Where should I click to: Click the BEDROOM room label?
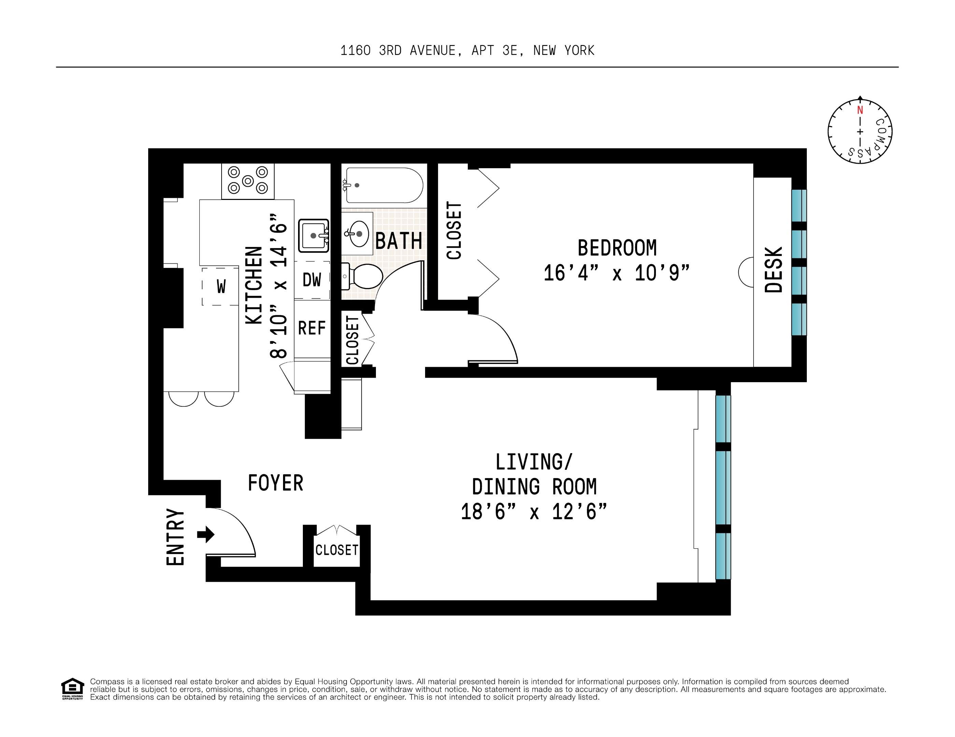[617, 248]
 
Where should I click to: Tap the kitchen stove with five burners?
[248, 181]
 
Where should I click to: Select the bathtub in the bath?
[383, 185]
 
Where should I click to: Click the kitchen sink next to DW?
[313, 236]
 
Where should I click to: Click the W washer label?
[221, 287]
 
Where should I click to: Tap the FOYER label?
[276, 483]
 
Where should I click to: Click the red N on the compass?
[860, 110]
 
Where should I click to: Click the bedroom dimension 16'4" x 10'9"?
[617, 274]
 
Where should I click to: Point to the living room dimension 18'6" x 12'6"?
[534, 511]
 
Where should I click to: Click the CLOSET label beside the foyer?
[337, 550]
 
